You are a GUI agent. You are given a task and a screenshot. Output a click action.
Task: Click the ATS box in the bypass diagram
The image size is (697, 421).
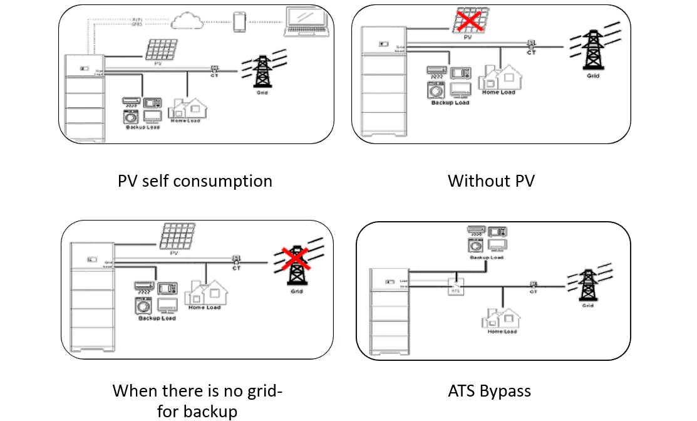point(455,287)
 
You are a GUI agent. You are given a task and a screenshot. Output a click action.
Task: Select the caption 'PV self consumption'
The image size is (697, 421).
point(195,181)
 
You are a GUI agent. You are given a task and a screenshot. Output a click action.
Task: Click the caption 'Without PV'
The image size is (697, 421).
point(491,181)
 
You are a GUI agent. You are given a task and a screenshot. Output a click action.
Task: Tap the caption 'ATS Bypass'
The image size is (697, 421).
point(489,392)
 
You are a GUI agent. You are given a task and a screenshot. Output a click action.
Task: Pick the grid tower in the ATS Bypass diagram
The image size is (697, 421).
point(587,286)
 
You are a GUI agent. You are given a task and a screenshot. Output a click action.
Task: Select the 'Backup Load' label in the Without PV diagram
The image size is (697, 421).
point(450,103)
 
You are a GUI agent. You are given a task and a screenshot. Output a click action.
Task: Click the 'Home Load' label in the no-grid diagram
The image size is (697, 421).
point(205,308)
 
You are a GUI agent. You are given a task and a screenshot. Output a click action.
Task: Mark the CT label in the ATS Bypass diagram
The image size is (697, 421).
point(534,292)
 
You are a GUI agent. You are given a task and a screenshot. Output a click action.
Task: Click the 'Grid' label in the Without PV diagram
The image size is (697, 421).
point(592,76)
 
